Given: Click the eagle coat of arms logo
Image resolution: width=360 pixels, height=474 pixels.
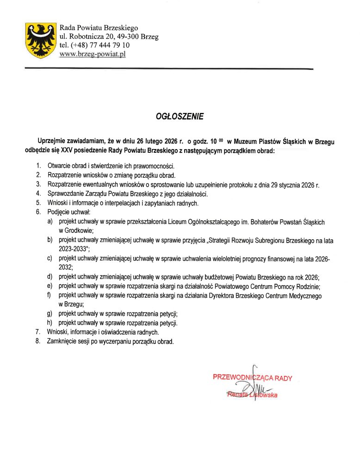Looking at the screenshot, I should click(x=41, y=41).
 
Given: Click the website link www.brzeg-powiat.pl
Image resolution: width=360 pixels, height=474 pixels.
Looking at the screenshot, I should click(x=93, y=54).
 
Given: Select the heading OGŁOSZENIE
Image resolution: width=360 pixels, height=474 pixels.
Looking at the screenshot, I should click(x=180, y=117).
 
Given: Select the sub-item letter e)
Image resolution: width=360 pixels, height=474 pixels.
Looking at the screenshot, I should click(x=50, y=286).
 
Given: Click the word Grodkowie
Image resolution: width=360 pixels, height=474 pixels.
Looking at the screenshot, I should click(x=76, y=230).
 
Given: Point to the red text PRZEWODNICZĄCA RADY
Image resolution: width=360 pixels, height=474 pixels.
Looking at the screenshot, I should click(x=252, y=378).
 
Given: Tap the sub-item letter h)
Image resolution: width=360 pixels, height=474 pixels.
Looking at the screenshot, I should click(x=50, y=323).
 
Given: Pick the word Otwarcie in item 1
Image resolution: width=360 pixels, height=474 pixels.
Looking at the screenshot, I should click(x=59, y=165).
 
